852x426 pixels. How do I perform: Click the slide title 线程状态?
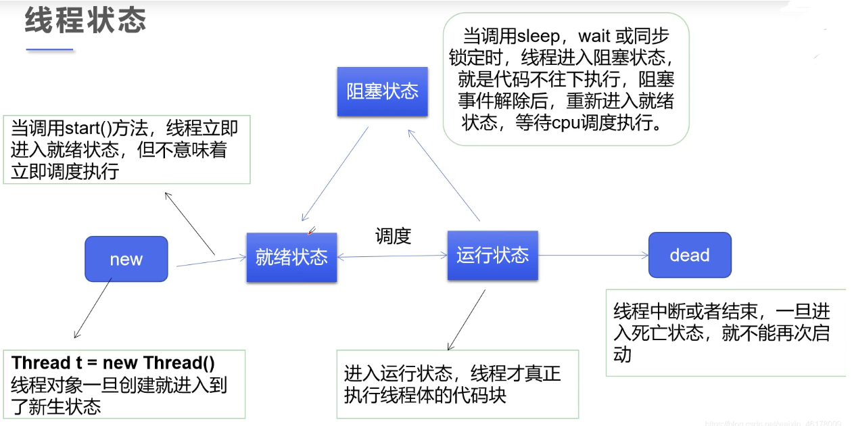(x=86, y=21)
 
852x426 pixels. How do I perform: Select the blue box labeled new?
(x=126, y=259)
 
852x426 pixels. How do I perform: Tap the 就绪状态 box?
(x=291, y=257)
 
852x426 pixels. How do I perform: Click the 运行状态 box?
(x=492, y=255)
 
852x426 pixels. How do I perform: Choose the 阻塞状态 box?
(x=383, y=91)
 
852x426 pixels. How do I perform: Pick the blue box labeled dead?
(x=690, y=255)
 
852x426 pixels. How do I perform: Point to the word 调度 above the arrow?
(x=393, y=236)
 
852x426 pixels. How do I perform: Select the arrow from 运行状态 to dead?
(x=593, y=256)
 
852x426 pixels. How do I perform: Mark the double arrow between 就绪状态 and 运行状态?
(x=392, y=256)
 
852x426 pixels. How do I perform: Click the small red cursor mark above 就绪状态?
(x=310, y=231)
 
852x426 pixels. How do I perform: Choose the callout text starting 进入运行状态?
(x=452, y=383)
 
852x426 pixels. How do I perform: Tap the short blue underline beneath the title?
(x=49, y=49)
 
